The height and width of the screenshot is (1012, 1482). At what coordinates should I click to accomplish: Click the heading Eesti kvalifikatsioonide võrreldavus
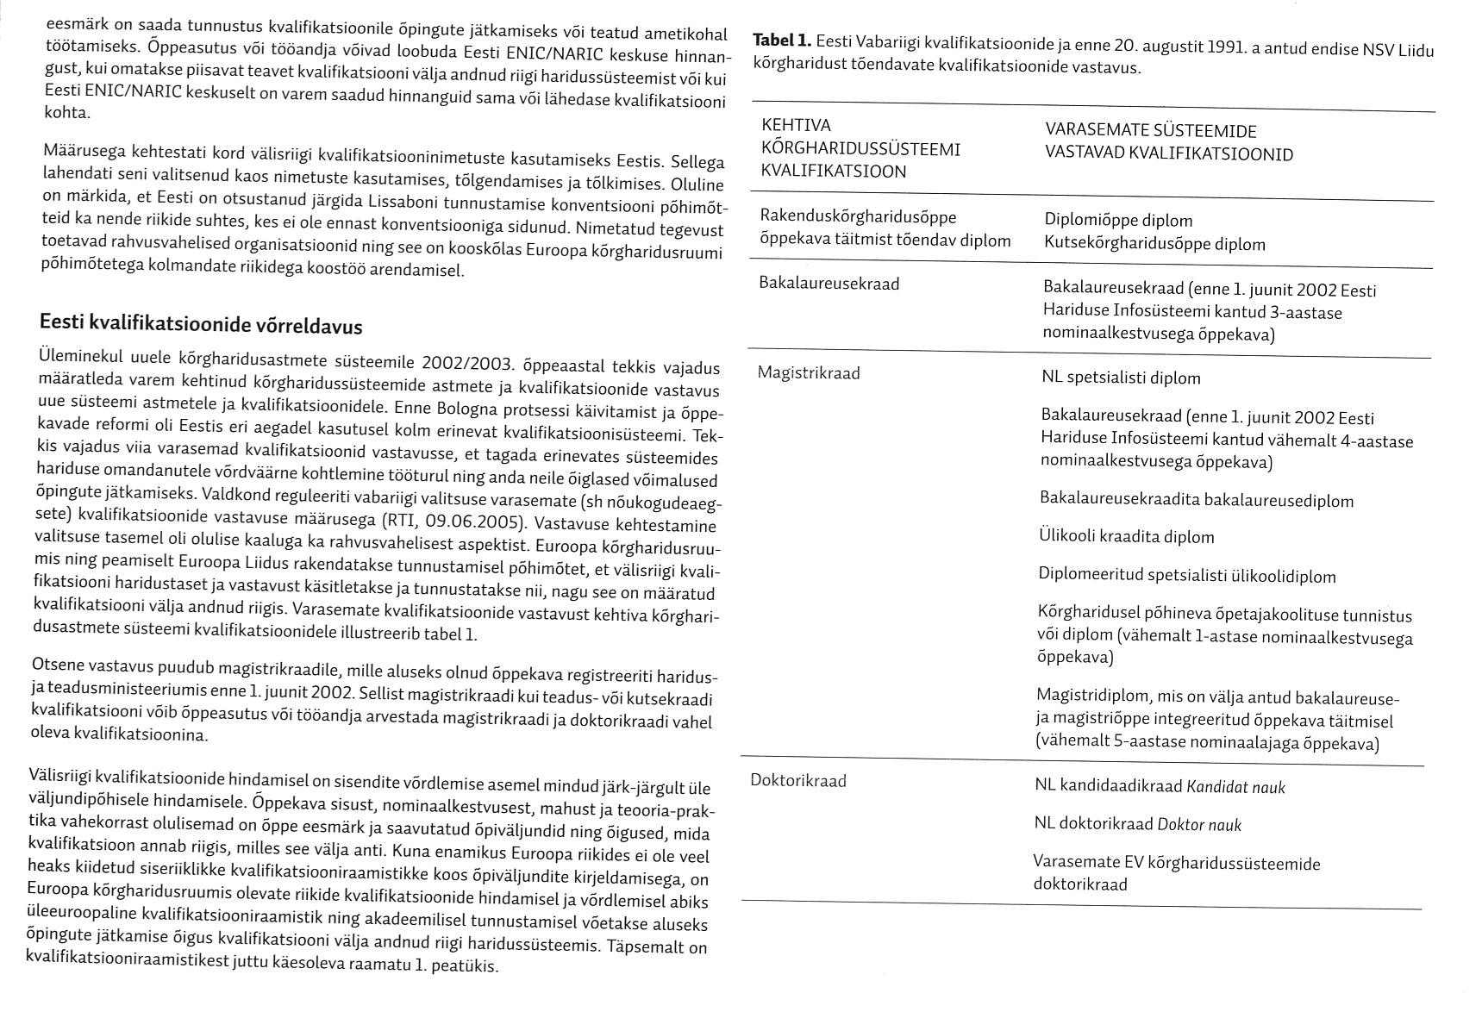point(201,326)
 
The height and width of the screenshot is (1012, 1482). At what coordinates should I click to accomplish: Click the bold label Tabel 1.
point(781,40)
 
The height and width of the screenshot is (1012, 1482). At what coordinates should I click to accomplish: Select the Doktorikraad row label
point(798,781)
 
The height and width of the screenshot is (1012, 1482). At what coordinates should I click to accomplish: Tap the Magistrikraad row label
point(808,372)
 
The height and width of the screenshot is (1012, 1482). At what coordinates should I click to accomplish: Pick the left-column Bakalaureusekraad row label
point(829,284)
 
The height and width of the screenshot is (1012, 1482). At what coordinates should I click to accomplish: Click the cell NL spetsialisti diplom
point(1121,378)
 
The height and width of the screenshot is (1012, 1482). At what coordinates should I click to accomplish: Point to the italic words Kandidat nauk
point(1235,787)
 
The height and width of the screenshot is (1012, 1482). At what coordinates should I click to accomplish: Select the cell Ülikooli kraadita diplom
point(1126,537)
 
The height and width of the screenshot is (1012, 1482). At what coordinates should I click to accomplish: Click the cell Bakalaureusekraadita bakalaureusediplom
point(1197,500)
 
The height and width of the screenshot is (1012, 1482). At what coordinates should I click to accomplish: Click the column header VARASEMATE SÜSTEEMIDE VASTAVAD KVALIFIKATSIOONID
point(1168,142)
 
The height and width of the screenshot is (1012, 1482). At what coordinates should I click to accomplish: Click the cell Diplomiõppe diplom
point(1118,221)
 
